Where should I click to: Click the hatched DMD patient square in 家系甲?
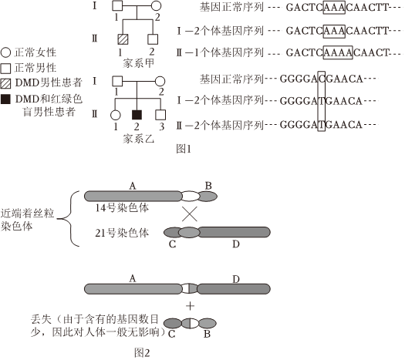(x=123, y=39)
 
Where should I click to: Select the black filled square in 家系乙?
(x=137, y=115)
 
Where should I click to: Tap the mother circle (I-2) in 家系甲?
(x=156, y=5)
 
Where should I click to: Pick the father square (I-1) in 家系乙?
(x=117, y=81)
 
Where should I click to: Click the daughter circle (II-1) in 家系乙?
(x=115, y=115)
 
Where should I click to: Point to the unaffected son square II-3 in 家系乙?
(x=160, y=115)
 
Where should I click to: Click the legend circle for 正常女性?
(x=5, y=52)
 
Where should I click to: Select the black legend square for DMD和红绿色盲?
(x=5, y=99)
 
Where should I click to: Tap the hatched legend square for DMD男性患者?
(x=5, y=83)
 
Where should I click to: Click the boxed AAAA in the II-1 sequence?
(x=338, y=52)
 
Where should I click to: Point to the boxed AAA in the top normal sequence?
(x=334, y=8)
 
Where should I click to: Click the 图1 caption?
(x=184, y=149)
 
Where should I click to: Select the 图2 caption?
(x=142, y=352)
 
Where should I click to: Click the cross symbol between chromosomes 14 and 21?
(x=190, y=214)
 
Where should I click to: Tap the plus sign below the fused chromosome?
(x=190, y=306)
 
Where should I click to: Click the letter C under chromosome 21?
(x=172, y=244)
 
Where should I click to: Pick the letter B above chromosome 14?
(x=208, y=186)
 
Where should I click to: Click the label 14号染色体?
(x=122, y=207)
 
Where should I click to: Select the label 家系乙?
(x=138, y=139)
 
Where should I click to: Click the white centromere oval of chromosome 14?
(x=191, y=196)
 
